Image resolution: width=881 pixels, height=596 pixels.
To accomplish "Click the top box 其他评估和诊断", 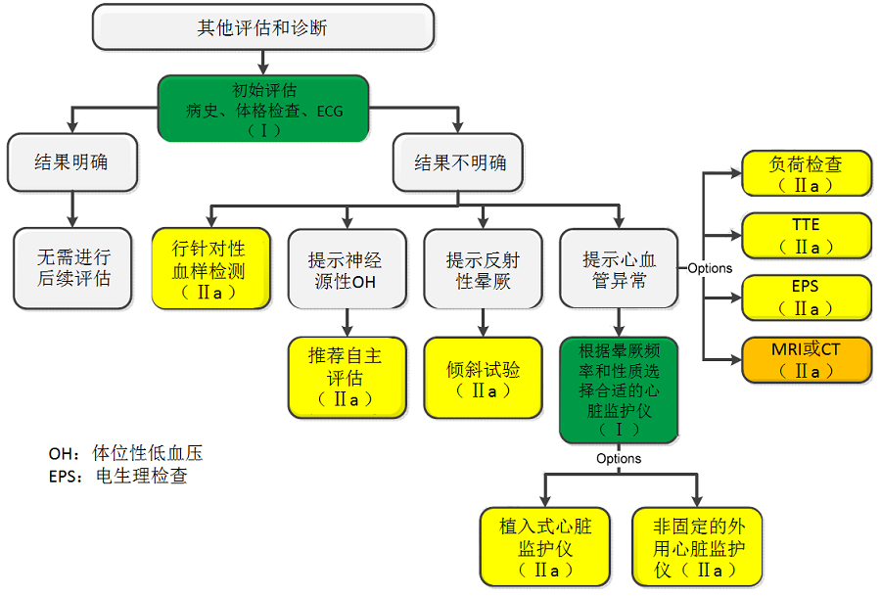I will [262, 27].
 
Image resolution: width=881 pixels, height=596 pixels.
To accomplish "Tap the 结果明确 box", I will [71, 162].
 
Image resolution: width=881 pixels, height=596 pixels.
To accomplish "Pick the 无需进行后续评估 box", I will [73, 268].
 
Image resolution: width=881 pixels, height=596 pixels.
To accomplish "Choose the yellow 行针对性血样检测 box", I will [209, 268].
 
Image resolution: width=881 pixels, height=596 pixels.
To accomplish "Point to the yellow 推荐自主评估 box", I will [346, 377].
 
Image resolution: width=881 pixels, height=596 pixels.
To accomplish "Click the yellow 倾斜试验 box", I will [483, 377].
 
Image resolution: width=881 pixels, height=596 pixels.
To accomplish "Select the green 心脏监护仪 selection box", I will [619, 389].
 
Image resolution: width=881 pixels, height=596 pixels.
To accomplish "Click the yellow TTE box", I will [806, 236].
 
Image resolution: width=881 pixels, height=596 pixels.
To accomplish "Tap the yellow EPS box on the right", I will [806, 298].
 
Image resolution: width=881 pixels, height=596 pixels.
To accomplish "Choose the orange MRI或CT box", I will [806, 359].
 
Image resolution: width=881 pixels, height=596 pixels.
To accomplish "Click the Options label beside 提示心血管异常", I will [709, 268].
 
